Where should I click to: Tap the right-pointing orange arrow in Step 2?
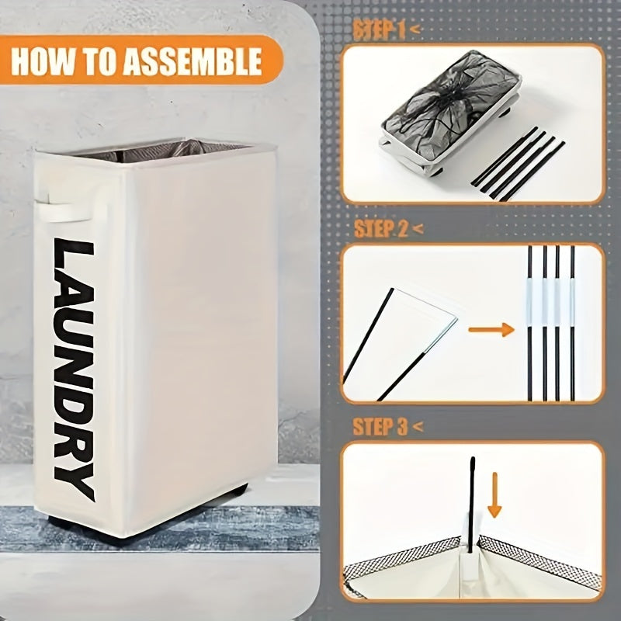pyautogui.click(x=491, y=330)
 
